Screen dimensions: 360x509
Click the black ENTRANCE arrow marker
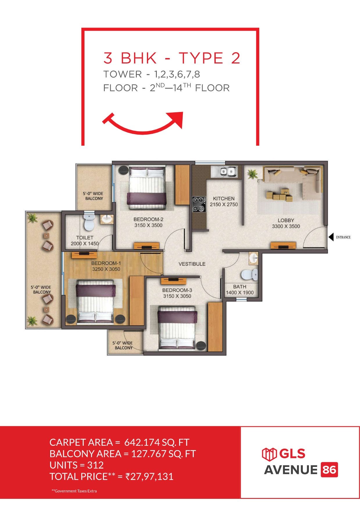[x=331, y=237]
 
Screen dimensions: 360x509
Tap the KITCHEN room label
[x=224, y=198]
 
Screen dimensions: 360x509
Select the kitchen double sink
[x=224, y=171]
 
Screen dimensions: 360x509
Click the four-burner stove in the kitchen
[x=199, y=204]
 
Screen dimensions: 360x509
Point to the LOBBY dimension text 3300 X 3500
[x=286, y=226]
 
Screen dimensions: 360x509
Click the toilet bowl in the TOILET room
[x=89, y=222]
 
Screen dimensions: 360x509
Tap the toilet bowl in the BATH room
[x=250, y=275]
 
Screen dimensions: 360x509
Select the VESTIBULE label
[x=192, y=264]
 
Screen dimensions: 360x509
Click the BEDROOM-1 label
[x=106, y=263]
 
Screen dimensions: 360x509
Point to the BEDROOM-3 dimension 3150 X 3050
[x=177, y=296]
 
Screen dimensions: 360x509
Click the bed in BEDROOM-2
[x=147, y=187]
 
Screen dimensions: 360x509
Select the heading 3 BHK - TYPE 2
[x=172, y=58]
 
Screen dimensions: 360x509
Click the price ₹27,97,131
[x=149, y=476]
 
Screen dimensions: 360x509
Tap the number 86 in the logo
[x=329, y=470]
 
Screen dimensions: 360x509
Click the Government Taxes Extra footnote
[x=74, y=491]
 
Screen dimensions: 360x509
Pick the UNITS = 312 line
[x=77, y=465]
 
